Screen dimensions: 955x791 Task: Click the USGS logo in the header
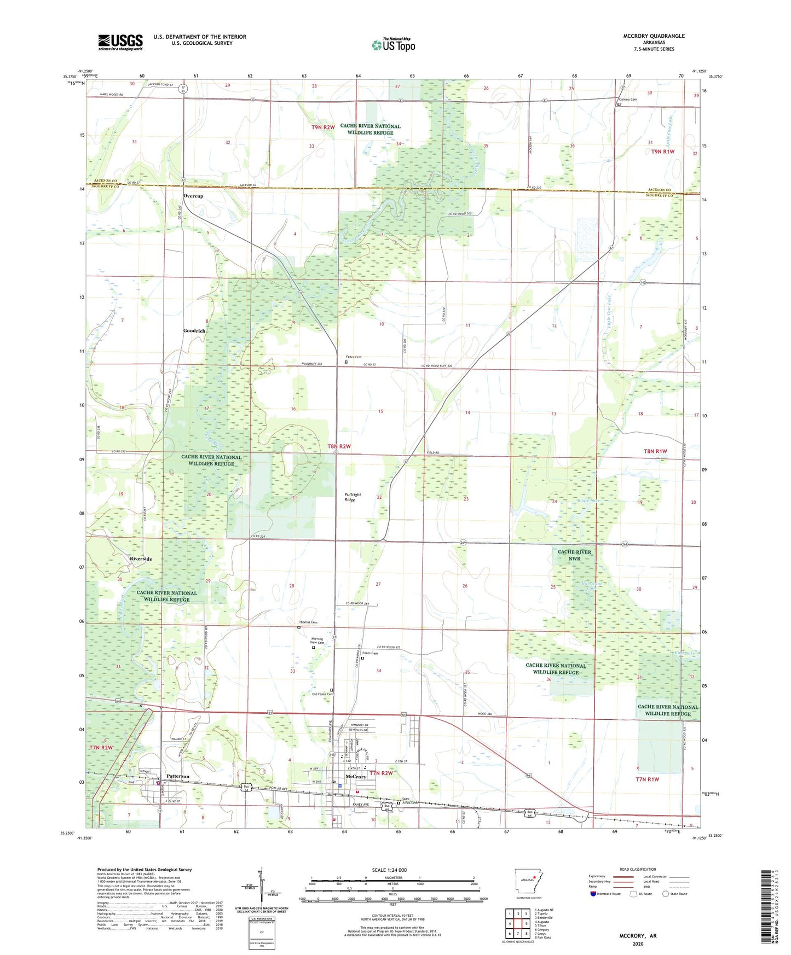point(120,42)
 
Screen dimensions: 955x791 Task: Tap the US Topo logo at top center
point(393,45)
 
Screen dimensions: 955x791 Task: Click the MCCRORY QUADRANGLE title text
point(654,36)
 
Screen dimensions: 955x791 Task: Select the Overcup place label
point(193,196)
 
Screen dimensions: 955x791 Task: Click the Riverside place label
point(141,558)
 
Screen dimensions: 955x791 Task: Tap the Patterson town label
point(177,776)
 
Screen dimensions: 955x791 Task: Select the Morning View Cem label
point(317,640)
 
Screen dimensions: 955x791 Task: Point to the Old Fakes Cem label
point(322,694)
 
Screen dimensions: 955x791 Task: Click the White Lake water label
point(588,501)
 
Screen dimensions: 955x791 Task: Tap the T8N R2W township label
point(339,446)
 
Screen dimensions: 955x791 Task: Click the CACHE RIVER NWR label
point(574,555)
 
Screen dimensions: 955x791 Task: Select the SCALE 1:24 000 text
point(389,870)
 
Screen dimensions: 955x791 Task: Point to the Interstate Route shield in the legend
point(594,894)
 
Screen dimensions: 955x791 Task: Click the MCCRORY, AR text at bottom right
point(638,936)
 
